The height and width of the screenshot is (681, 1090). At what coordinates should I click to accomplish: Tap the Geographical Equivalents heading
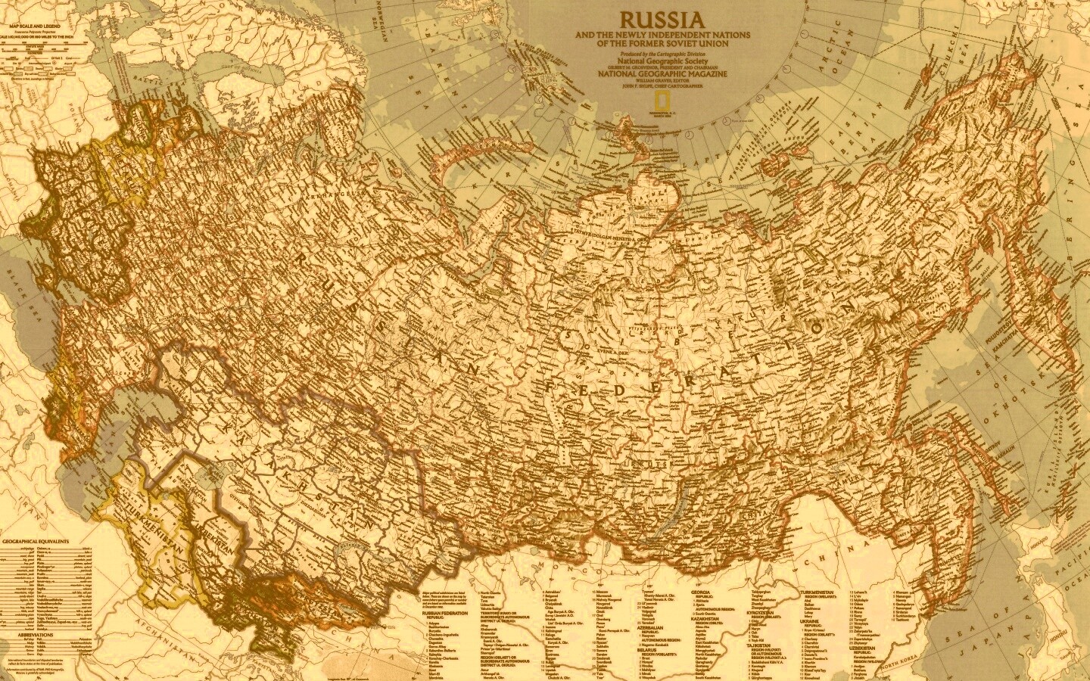pyautogui.click(x=36, y=542)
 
